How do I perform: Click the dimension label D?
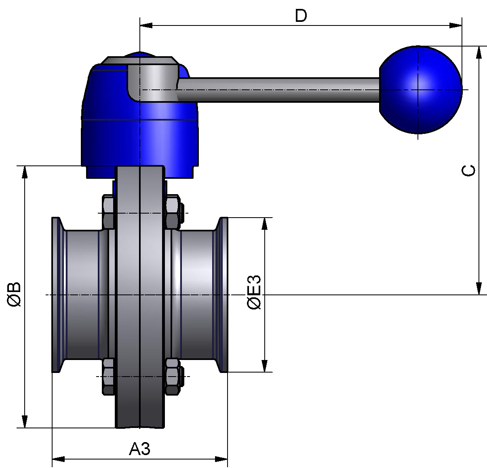coord(301,16)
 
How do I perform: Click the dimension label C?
coord(468,170)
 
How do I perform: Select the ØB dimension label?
coord(14,294)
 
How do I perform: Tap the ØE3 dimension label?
coord(254,292)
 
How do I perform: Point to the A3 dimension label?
coord(140,449)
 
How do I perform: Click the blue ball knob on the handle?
coord(420,90)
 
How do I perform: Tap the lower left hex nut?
coord(108,376)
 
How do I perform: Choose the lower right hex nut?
coord(173,376)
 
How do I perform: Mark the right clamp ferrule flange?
coord(223,294)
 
